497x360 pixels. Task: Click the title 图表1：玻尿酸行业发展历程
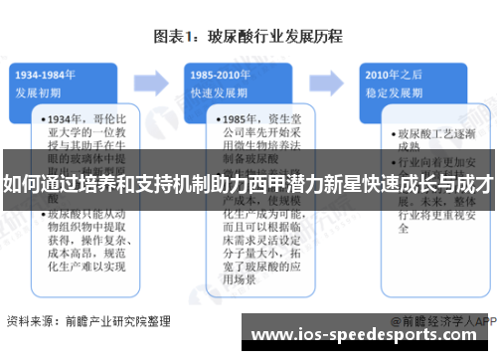tap(248, 37)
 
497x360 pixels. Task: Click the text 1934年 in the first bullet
tap(68, 118)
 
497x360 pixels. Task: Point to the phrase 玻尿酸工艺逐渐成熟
tap(426, 139)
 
